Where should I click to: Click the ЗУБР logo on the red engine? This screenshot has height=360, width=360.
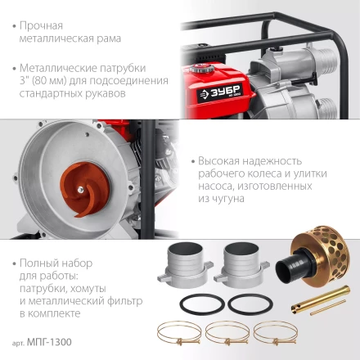(219, 93)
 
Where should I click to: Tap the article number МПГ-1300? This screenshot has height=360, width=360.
(49, 342)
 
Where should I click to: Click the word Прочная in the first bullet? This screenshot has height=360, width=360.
(41, 25)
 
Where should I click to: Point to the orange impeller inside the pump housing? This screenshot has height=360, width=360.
(84, 189)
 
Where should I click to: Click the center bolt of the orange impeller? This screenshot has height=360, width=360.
(80, 189)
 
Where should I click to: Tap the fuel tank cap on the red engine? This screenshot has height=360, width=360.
(201, 68)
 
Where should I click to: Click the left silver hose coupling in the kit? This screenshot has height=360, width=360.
(185, 264)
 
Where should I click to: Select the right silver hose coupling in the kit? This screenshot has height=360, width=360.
(241, 264)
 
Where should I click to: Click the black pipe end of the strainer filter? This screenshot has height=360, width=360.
(288, 268)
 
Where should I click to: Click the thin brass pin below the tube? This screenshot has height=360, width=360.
(328, 308)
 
